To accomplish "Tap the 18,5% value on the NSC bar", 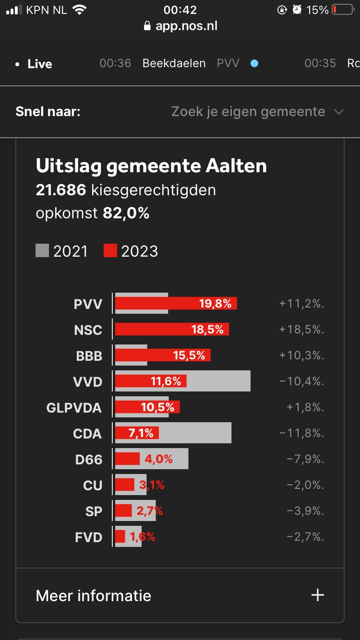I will pos(208,330).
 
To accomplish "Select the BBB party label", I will pos(89,356).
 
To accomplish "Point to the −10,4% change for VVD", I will pos(301,382).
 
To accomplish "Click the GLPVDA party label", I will pos(74,408).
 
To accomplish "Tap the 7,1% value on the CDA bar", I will pos(141,434).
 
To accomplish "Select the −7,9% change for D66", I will pos(305,460).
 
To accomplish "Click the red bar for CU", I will pos(125,485).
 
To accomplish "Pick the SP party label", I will pos(94,511).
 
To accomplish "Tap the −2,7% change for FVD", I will pos(305,537).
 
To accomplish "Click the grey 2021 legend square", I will pos(42,251).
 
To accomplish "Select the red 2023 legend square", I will pos(110,251).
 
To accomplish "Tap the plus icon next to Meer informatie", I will pos(318,595).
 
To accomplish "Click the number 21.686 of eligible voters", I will pos(61,190).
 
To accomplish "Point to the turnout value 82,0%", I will pos(126,213).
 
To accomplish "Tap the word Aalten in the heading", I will pos(236,166).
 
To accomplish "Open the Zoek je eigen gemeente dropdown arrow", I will pos(339,112).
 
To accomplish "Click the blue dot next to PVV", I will pos(254,63).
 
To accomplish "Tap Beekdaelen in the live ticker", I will pos(174,63).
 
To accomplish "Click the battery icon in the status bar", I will pos(343,10).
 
